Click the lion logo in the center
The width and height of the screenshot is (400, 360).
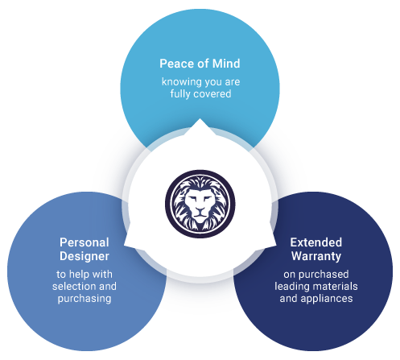(200, 204)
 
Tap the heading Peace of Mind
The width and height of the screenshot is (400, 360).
(200, 64)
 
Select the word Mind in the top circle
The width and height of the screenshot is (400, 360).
(226, 64)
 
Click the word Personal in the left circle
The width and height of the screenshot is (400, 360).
(85, 242)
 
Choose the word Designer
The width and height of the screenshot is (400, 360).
(85, 256)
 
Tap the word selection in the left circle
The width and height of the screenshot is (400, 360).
(74, 286)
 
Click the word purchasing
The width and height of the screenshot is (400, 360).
(85, 299)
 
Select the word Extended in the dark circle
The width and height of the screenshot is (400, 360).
(316, 242)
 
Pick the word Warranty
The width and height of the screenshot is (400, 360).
(316, 256)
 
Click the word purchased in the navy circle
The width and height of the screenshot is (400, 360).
(324, 275)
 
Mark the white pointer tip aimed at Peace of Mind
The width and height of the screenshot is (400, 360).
(200, 119)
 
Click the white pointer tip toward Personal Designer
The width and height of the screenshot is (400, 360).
(125, 245)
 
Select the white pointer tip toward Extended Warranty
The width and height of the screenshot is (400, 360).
(276, 245)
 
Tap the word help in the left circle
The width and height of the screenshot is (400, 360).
(79, 275)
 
